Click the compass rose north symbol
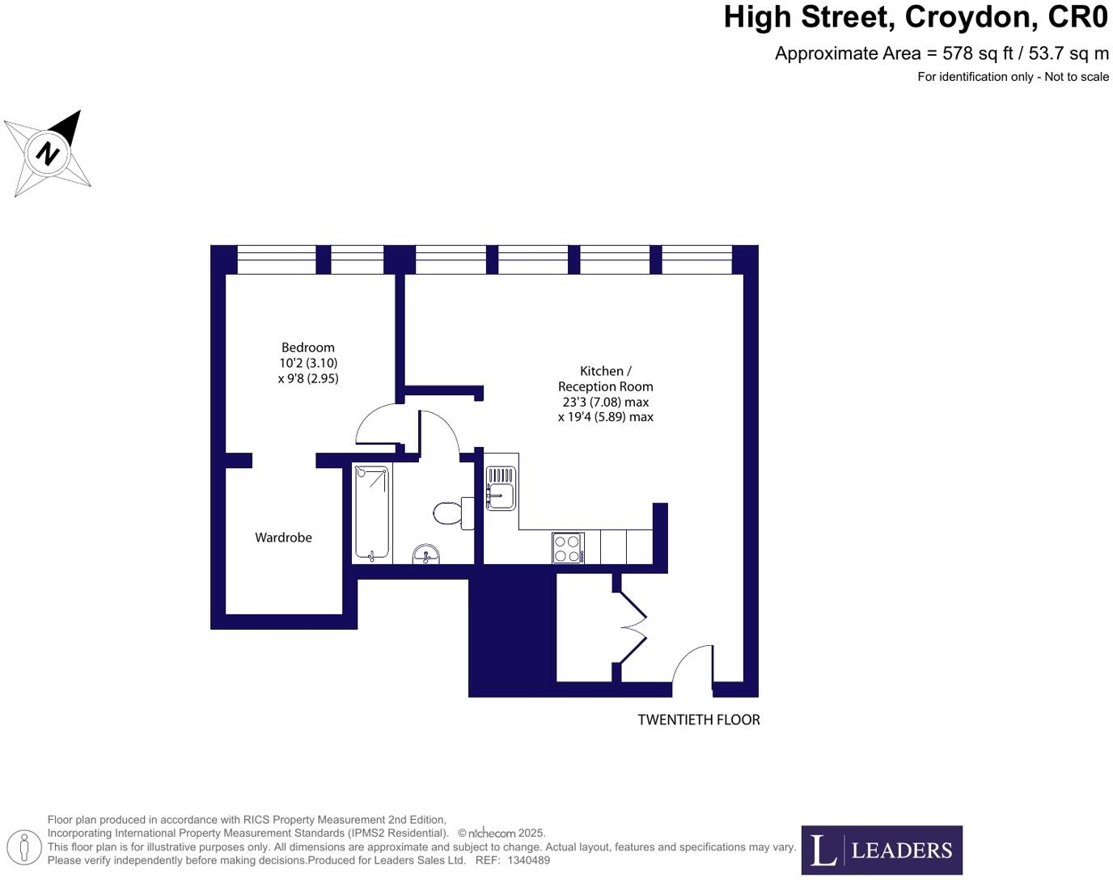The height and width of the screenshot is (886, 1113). (x=48, y=153)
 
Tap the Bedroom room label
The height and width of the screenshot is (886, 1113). (x=307, y=348)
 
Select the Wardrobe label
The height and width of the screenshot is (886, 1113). (x=283, y=538)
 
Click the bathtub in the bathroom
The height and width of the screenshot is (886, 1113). (x=372, y=513)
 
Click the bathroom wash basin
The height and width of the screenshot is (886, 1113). (x=425, y=555)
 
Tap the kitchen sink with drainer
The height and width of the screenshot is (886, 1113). (x=500, y=488)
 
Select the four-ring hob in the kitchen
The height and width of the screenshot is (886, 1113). (x=568, y=548)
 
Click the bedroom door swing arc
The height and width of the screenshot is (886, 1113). (x=377, y=424)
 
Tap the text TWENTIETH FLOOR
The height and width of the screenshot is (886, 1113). (x=698, y=719)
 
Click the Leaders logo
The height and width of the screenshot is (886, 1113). (x=882, y=850)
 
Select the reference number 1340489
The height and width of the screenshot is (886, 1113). (x=528, y=860)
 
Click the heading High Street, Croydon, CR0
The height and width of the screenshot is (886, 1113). (x=916, y=18)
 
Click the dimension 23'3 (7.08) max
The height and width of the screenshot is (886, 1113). (x=605, y=402)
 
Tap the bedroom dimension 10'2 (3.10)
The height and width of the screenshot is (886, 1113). (x=308, y=363)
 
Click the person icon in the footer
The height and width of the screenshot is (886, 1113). (x=24, y=848)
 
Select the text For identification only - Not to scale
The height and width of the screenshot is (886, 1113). (x=1013, y=77)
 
